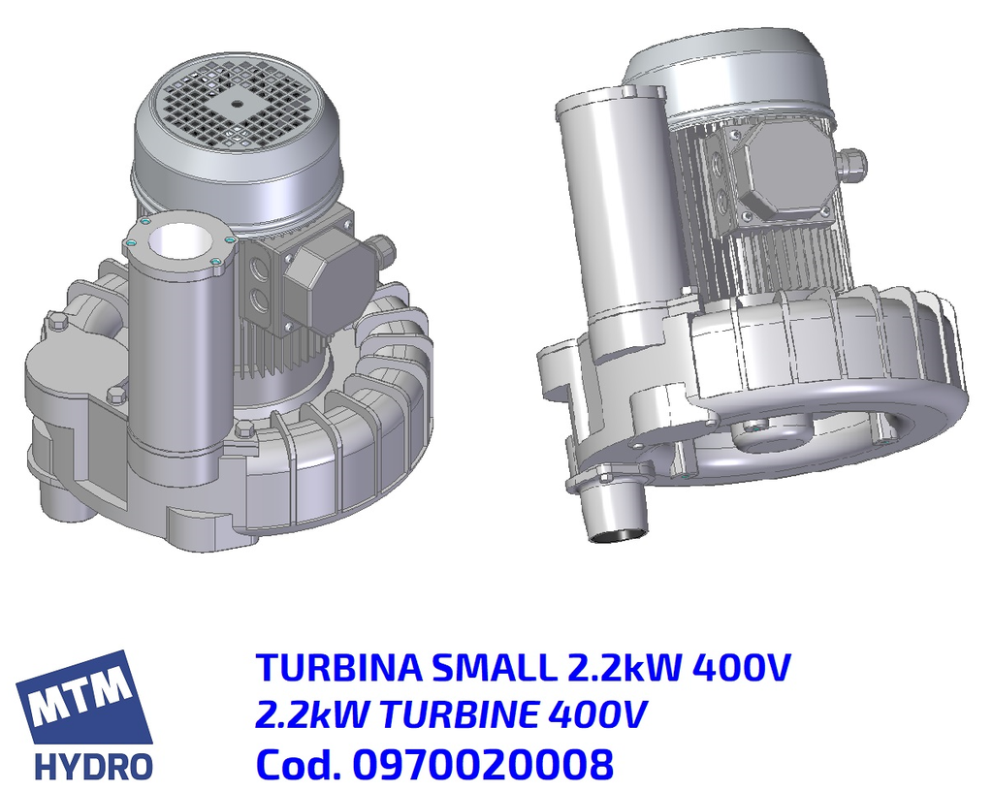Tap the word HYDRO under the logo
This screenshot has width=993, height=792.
pos(93,766)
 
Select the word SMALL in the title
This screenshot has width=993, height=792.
pos(496,668)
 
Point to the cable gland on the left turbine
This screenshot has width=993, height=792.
pos(382,250)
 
